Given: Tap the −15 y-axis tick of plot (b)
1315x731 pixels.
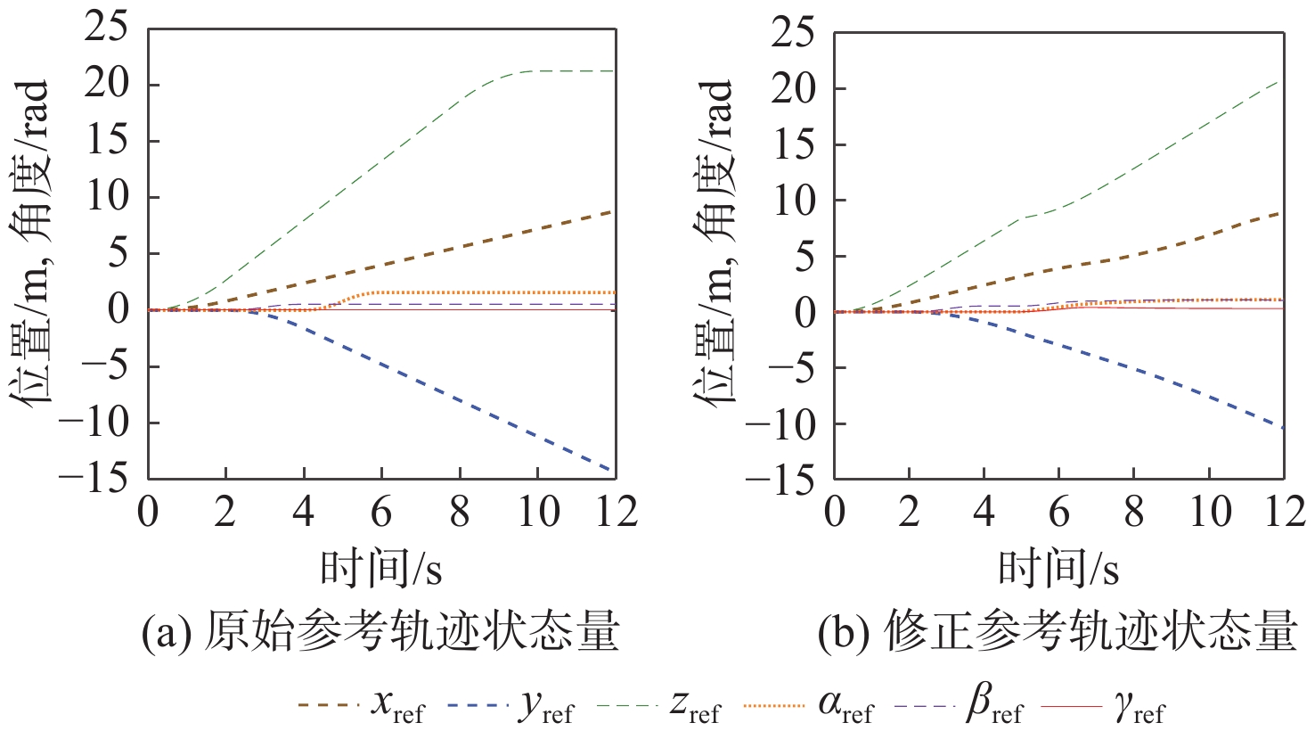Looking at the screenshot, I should click(x=779, y=481).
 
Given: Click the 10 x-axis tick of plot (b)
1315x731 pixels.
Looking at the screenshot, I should click(x=1209, y=513).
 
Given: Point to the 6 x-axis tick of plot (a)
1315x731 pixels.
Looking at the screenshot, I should click(x=381, y=513).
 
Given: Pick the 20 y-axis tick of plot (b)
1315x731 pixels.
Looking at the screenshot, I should click(x=793, y=89).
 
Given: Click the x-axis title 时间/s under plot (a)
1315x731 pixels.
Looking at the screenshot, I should click(x=381, y=568).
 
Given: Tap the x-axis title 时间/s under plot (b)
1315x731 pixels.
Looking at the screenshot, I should click(x=1058, y=568).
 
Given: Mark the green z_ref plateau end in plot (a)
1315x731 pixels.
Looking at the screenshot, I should click(x=614, y=70).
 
